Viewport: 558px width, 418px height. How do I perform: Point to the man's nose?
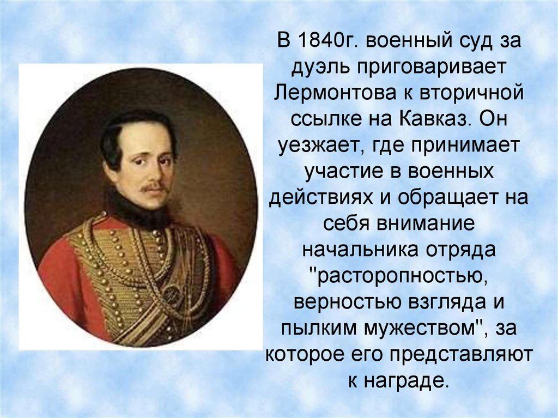pos(155,172)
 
